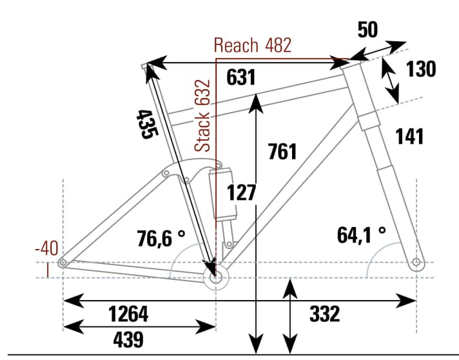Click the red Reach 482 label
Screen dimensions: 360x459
coord(252,45)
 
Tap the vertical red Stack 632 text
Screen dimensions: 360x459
coord(204,116)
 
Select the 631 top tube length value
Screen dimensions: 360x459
coord(241,77)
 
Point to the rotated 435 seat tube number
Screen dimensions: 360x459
coord(146,123)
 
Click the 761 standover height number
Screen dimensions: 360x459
coord(282,152)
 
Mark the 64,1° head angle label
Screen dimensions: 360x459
coord(362,235)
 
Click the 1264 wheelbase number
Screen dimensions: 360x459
coord(128,314)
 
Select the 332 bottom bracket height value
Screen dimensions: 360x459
coord(324,314)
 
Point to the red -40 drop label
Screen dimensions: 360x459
coord(46,248)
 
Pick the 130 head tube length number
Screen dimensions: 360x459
coord(421,68)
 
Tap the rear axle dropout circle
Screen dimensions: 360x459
coord(63,263)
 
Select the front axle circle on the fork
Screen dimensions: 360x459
coord(416,263)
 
